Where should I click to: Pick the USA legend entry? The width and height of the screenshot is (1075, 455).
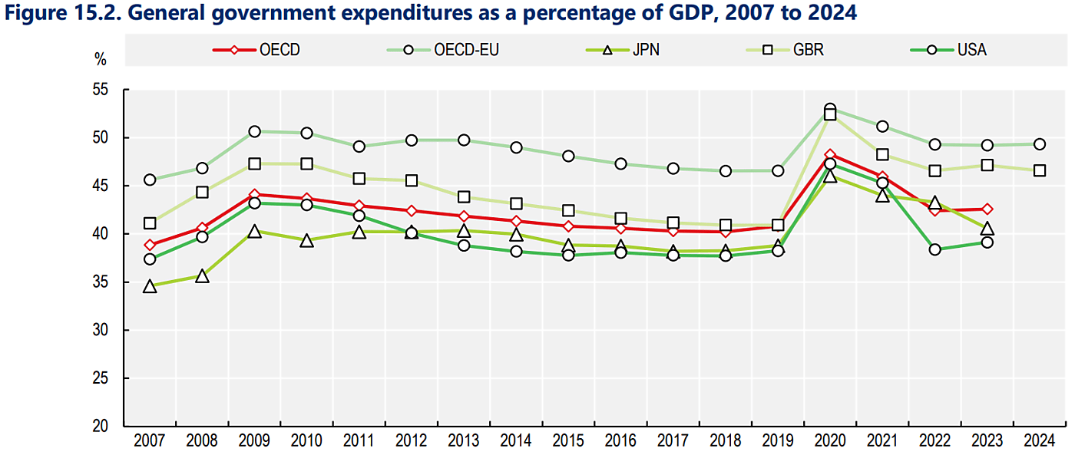[x=971, y=50]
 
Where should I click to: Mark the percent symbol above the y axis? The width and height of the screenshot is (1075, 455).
[x=100, y=58]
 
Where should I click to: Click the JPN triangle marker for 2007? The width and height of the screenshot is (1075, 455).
[x=150, y=286]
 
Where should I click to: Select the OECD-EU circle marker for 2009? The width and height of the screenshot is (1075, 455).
[x=254, y=131]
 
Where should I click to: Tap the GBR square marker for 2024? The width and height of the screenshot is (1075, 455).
[x=1039, y=170]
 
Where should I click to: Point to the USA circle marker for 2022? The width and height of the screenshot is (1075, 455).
[x=934, y=249]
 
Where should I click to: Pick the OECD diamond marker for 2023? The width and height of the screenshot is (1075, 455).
[x=987, y=209]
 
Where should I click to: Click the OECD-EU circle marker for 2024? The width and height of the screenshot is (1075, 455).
[x=1039, y=144]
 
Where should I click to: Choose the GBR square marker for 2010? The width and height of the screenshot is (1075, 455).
[x=306, y=163]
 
